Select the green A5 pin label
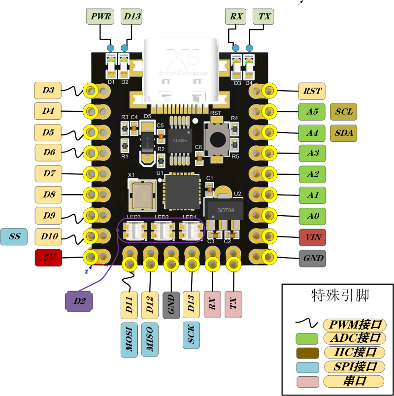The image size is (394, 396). pyautogui.click(x=312, y=112)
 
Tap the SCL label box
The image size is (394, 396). pyautogui.click(x=343, y=112)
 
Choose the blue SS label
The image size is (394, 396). pyautogui.click(x=14, y=237)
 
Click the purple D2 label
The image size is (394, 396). pyautogui.click(x=79, y=301)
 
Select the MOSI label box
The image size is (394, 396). pyautogui.click(x=129, y=340)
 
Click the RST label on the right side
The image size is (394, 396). pyautogui.click(x=312, y=91)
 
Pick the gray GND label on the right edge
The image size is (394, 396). pyautogui.click(x=312, y=258)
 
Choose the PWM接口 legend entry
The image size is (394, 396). pyautogui.click(x=353, y=325)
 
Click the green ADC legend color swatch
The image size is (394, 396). pyautogui.click(x=307, y=338)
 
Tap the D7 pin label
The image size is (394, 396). pyautogui.click(x=49, y=173)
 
